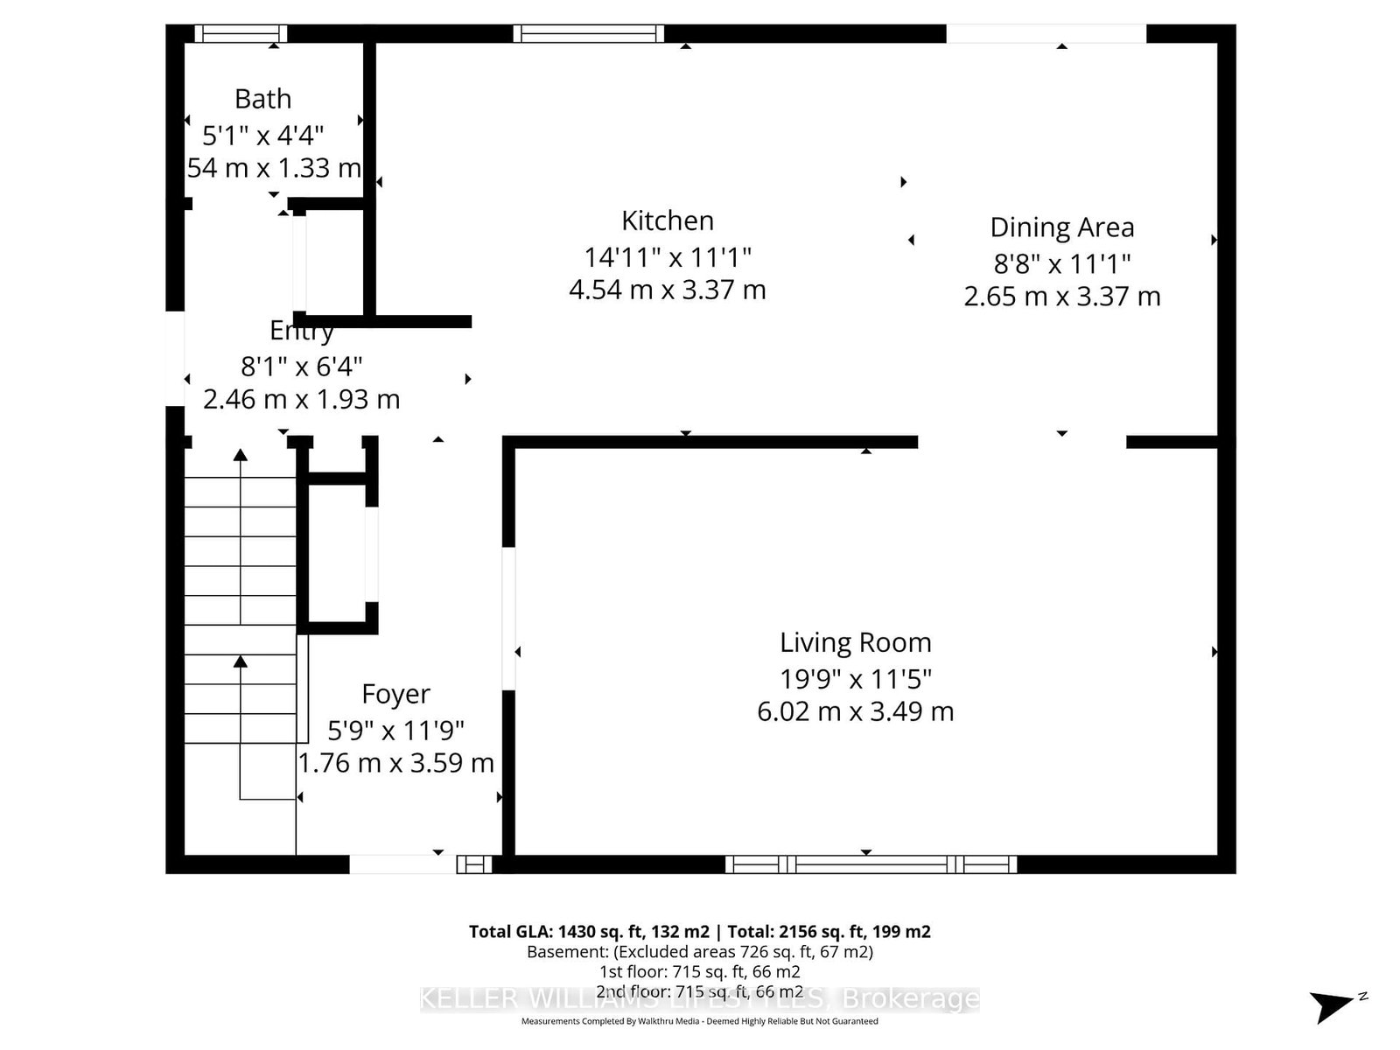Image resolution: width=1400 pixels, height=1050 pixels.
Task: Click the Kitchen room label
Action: tap(668, 220)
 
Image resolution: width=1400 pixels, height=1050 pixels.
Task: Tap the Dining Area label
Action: tap(1061, 227)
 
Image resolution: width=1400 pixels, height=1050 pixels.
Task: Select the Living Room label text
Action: tap(855, 643)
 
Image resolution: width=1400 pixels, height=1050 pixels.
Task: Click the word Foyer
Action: tap(395, 694)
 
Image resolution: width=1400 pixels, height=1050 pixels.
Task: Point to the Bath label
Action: tap(262, 99)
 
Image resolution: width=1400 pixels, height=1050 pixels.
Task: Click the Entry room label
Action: tap(301, 331)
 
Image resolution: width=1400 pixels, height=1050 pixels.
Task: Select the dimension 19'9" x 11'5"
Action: tap(855, 678)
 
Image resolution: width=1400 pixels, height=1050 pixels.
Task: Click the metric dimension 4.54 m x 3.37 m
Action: tap(667, 290)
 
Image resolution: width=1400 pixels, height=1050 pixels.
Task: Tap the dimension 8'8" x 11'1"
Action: tap(1061, 263)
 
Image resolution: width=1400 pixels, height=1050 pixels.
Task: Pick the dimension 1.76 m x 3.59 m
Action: tap(395, 763)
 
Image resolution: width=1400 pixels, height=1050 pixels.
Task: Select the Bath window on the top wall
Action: tap(241, 34)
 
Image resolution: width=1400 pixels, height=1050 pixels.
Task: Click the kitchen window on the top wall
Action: tap(588, 34)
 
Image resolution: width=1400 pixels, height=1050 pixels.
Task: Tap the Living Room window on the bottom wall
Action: tap(871, 864)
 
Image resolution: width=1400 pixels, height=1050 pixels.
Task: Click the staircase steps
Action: tap(240, 595)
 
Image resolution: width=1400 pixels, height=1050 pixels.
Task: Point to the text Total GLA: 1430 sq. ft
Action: tap(588, 932)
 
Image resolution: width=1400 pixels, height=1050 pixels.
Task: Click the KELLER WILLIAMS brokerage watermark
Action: tap(699, 998)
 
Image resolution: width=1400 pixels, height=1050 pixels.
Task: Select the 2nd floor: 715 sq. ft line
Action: tap(699, 991)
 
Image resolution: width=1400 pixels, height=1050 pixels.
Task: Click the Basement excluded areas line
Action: tap(699, 952)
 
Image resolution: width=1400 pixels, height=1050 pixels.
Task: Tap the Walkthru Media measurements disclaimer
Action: tap(699, 1021)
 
